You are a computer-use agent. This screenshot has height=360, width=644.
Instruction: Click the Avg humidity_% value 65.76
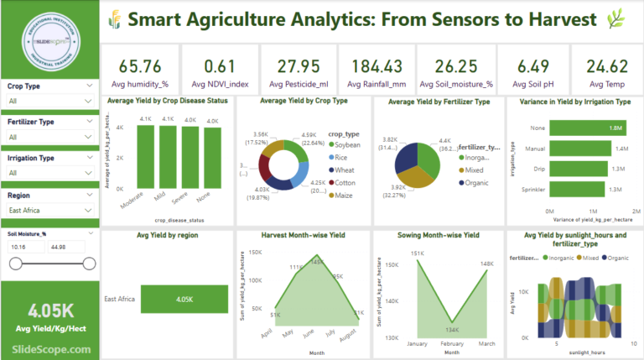pos(140,66)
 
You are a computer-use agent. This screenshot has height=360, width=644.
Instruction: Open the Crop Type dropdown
pos(49,101)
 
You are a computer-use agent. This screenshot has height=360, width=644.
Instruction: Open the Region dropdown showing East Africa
pos(49,210)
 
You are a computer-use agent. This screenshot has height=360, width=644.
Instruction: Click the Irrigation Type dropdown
pos(49,173)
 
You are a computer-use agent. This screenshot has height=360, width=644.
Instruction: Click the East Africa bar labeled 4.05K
pos(184,299)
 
